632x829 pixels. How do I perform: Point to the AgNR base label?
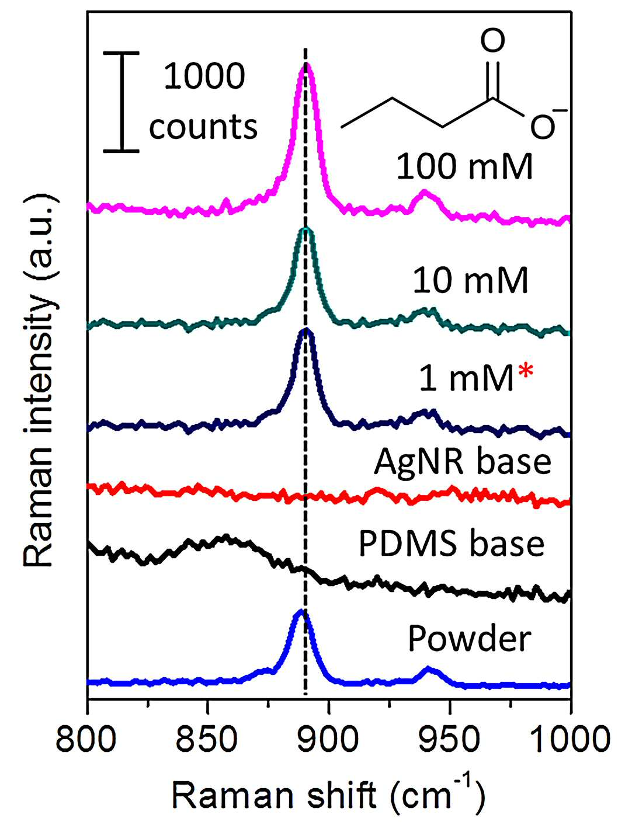coord(463,462)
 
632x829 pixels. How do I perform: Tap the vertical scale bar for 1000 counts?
coord(121,102)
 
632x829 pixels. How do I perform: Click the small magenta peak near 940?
coord(425,192)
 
